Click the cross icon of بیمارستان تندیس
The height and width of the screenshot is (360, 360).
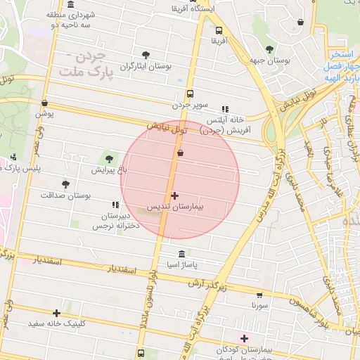coord(174,195)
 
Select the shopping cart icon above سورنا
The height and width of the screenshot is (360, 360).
coord(259,295)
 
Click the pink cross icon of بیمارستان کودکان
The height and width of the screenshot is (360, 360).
coord(244,338)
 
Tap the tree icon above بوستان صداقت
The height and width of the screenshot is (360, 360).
coord(65,184)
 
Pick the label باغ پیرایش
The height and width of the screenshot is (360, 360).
coord(108,170)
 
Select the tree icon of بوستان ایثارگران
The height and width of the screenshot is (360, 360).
coord(146,54)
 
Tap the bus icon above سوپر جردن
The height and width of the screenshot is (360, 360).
coord(190,94)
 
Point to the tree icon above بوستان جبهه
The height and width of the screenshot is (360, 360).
coord(269,49)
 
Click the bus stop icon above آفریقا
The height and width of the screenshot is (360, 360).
coord(219,30)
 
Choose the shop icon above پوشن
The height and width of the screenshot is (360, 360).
coord(45,103)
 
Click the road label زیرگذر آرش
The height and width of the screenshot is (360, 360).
coord(208,283)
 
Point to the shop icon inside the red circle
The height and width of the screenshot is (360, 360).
coord(181,152)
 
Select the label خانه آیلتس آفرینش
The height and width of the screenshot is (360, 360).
coord(221,126)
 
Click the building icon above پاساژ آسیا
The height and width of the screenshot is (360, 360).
coord(182,254)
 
